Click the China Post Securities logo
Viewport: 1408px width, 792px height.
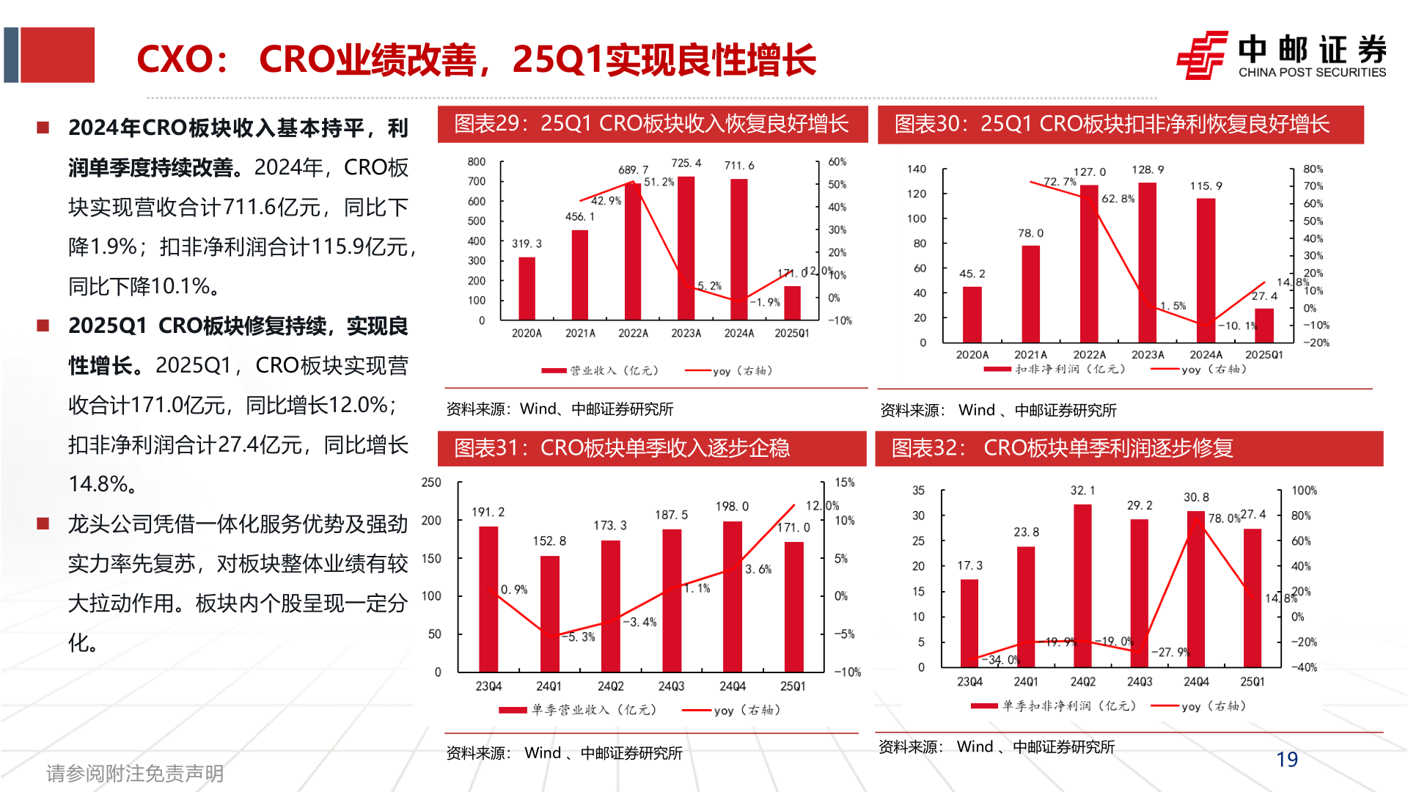1280,55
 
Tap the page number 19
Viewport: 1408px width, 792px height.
1287,759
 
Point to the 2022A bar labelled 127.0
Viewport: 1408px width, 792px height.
1089,264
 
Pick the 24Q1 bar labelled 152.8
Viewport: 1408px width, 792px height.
549,613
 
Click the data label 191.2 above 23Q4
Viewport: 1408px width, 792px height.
488,512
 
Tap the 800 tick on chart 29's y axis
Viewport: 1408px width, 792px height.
477,162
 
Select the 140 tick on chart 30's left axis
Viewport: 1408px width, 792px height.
917,169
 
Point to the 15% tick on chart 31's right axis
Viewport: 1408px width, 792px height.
845,483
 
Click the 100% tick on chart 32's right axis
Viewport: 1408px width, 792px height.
1304,491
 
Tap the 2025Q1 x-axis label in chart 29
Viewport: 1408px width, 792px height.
792,333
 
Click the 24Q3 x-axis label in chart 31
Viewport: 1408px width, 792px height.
671,686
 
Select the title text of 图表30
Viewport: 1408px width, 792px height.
1112,124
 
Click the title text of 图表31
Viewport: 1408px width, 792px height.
621,448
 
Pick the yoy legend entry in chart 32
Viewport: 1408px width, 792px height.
1198,706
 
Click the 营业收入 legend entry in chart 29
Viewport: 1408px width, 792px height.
599,371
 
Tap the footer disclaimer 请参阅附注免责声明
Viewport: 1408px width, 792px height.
135,773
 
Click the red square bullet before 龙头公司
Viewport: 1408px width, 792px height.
43,524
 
